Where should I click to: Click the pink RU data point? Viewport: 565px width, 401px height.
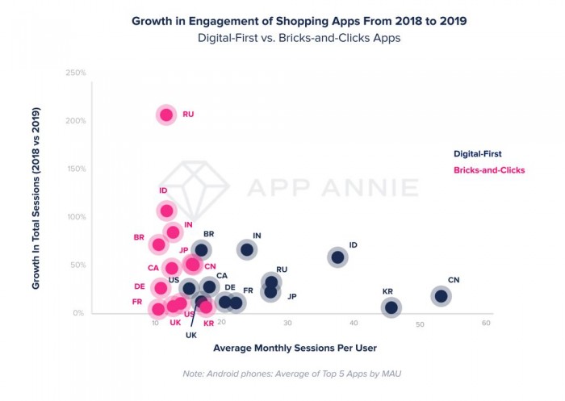tap(166, 115)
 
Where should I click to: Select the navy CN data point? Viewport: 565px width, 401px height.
tap(441, 296)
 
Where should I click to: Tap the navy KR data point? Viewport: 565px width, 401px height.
tap(391, 307)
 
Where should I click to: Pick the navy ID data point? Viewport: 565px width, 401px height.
tap(337, 257)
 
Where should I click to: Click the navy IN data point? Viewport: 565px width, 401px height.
tap(247, 249)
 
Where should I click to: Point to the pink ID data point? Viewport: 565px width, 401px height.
tap(166, 211)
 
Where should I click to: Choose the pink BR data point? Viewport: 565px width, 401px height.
tap(158, 244)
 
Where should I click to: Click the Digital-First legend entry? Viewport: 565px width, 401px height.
tap(478, 153)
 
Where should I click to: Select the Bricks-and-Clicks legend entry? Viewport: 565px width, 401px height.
tap(489, 170)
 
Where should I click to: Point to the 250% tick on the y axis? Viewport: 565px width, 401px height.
tap(75, 73)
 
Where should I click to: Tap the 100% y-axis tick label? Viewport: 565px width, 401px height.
tap(75, 217)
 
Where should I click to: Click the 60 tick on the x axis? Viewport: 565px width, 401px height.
tap(486, 324)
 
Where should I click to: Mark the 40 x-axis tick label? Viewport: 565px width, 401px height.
tap(354, 324)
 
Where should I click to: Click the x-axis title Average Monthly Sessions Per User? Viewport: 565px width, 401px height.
tap(295, 349)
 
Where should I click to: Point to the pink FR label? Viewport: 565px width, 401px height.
tap(137, 302)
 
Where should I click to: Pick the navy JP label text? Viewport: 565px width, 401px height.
tap(291, 297)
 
